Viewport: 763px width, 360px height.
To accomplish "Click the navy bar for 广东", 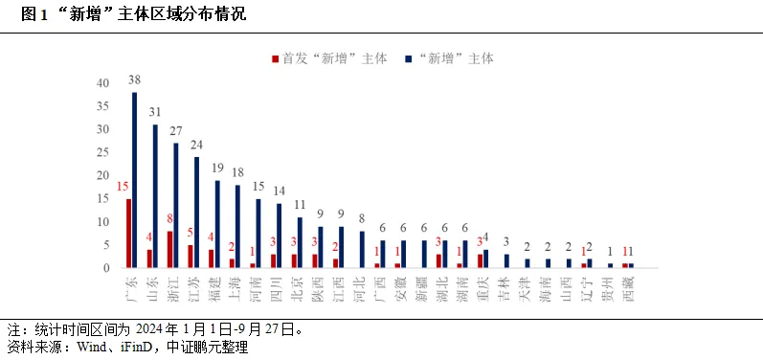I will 135,180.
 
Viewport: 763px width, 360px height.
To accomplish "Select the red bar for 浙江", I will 169,249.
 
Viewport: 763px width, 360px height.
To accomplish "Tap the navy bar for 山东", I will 155,196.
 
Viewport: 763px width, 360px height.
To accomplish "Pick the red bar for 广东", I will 128,233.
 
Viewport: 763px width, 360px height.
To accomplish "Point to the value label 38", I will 135,80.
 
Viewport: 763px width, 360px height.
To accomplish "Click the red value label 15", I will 123,187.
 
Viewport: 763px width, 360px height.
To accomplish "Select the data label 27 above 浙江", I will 176,131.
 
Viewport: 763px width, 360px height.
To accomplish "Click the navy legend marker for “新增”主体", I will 408,58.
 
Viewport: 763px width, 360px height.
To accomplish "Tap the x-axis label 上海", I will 235,284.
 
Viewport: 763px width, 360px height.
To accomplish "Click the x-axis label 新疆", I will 420,284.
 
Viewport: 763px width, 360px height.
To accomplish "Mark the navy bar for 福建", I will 217,224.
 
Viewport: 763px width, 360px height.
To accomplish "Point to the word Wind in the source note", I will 103,348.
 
